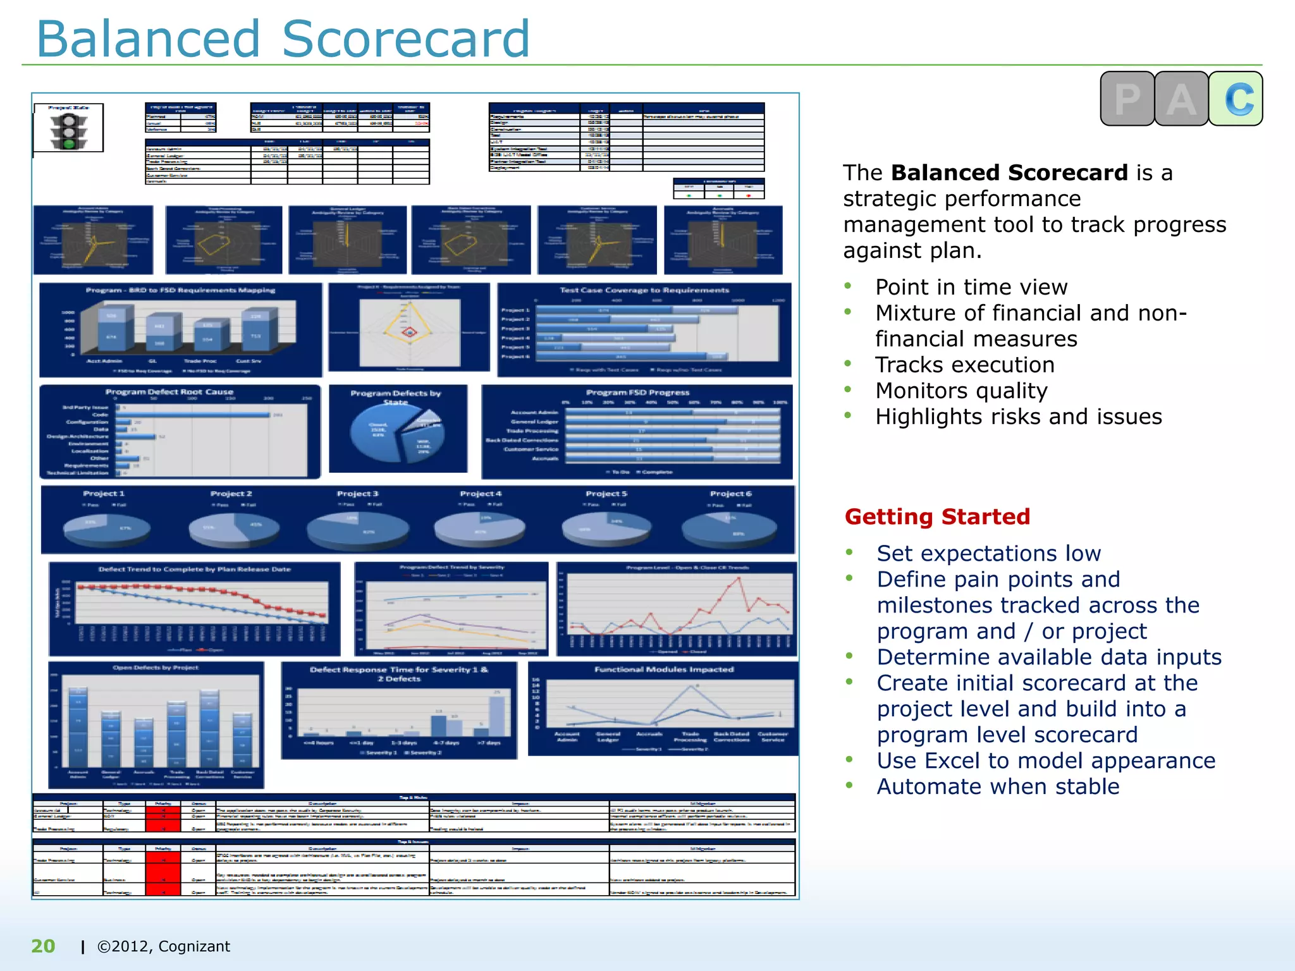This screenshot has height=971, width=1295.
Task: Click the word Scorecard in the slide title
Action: point(405,39)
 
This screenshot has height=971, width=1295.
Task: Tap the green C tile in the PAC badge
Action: point(1236,99)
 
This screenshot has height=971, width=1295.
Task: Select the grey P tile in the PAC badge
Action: point(1127,99)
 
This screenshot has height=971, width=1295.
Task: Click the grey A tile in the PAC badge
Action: point(1181,99)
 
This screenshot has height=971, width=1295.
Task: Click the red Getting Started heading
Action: point(937,516)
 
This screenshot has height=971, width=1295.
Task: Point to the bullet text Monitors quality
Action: point(961,391)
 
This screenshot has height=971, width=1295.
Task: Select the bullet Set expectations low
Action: point(988,553)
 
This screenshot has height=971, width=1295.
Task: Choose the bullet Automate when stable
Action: point(998,786)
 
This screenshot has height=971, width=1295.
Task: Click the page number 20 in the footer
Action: point(43,946)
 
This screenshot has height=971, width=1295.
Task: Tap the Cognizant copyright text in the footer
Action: point(163,946)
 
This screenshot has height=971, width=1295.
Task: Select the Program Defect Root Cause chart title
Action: point(169,392)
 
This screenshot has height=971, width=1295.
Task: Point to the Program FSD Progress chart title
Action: point(637,392)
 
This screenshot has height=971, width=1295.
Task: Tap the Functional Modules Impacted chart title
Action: point(664,669)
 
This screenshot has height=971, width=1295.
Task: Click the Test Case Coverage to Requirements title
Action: point(644,290)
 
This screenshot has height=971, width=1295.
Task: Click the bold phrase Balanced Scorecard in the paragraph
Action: point(1009,173)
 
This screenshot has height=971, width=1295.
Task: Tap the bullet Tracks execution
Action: point(965,365)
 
